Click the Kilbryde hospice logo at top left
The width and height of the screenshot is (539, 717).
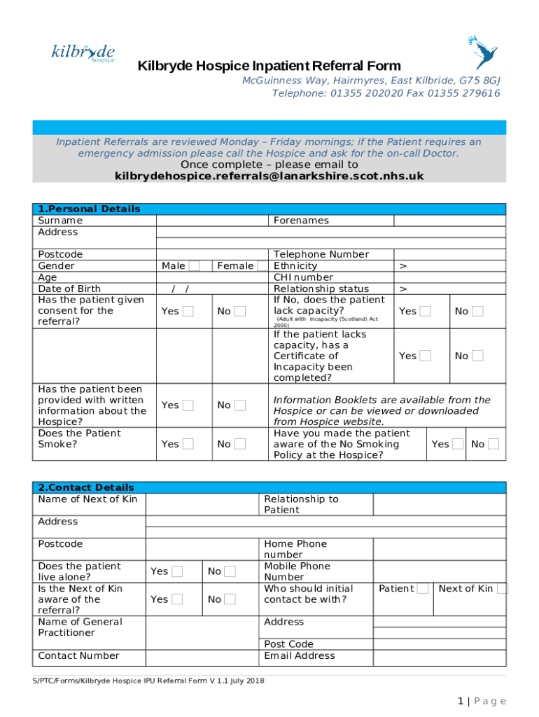pyautogui.click(x=83, y=53)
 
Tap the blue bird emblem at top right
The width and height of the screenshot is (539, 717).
pyautogui.click(x=482, y=53)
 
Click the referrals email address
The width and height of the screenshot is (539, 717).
pyautogui.click(x=269, y=176)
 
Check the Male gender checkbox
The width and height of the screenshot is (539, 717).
pyautogui.click(x=195, y=266)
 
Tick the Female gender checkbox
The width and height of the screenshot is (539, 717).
pyautogui.click(x=262, y=266)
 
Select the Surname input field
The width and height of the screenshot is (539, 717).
pyautogui.click(x=212, y=221)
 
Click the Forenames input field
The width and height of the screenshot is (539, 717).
pyautogui.click(x=449, y=221)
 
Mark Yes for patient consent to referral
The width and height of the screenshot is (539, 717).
pyautogui.click(x=188, y=312)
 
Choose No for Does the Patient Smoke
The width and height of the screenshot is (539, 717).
pyautogui.click(x=240, y=444)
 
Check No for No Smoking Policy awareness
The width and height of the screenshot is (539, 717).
pyautogui.click(x=494, y=444)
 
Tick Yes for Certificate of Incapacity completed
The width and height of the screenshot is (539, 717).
pyautogui.click(x=426, y=356)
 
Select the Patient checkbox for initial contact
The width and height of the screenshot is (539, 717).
pyautogui.click(x=422, y=589)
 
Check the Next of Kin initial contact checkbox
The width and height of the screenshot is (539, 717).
pyautogui.click(x=502, y=589)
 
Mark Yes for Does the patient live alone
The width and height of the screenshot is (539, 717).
pyautogui.click(x=177, y=571)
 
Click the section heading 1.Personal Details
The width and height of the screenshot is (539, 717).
pyautogui.click(x=89, y=209)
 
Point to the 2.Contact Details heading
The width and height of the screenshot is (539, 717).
pyautogui.click(x=86, y=487)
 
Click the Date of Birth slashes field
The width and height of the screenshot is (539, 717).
pyautogui.click(x=180, y=288)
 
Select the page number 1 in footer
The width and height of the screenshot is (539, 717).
pyautogui.click(x=460, y=702)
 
